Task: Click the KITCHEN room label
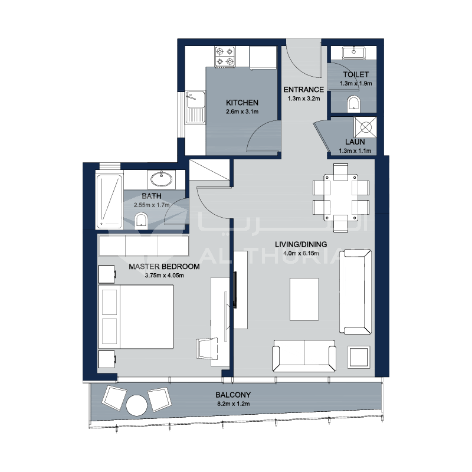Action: tap(242, 103)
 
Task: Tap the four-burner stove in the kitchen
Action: tap(225, 56)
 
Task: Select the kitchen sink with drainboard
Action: tap(195, 107)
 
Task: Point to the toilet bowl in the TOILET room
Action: tap(353, 104)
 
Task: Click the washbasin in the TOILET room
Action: tap(353, 53)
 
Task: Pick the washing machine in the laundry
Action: tap(365, 127)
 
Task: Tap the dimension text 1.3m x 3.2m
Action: tap(303, 99)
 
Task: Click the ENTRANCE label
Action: tap(303, 90)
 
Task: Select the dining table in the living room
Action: tap(341, 198)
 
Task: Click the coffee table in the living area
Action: tap(304, 299)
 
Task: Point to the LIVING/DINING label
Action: tap(301, 244)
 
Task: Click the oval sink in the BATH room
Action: tap(161, 180)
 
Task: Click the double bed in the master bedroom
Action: tap(136, 317)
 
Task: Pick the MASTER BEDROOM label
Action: tap(165, 267)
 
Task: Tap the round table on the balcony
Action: tap(137, 405)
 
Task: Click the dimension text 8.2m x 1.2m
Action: tap(234, 404)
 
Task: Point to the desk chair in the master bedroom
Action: tap(207, 349)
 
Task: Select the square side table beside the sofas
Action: tap(359, 358)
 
